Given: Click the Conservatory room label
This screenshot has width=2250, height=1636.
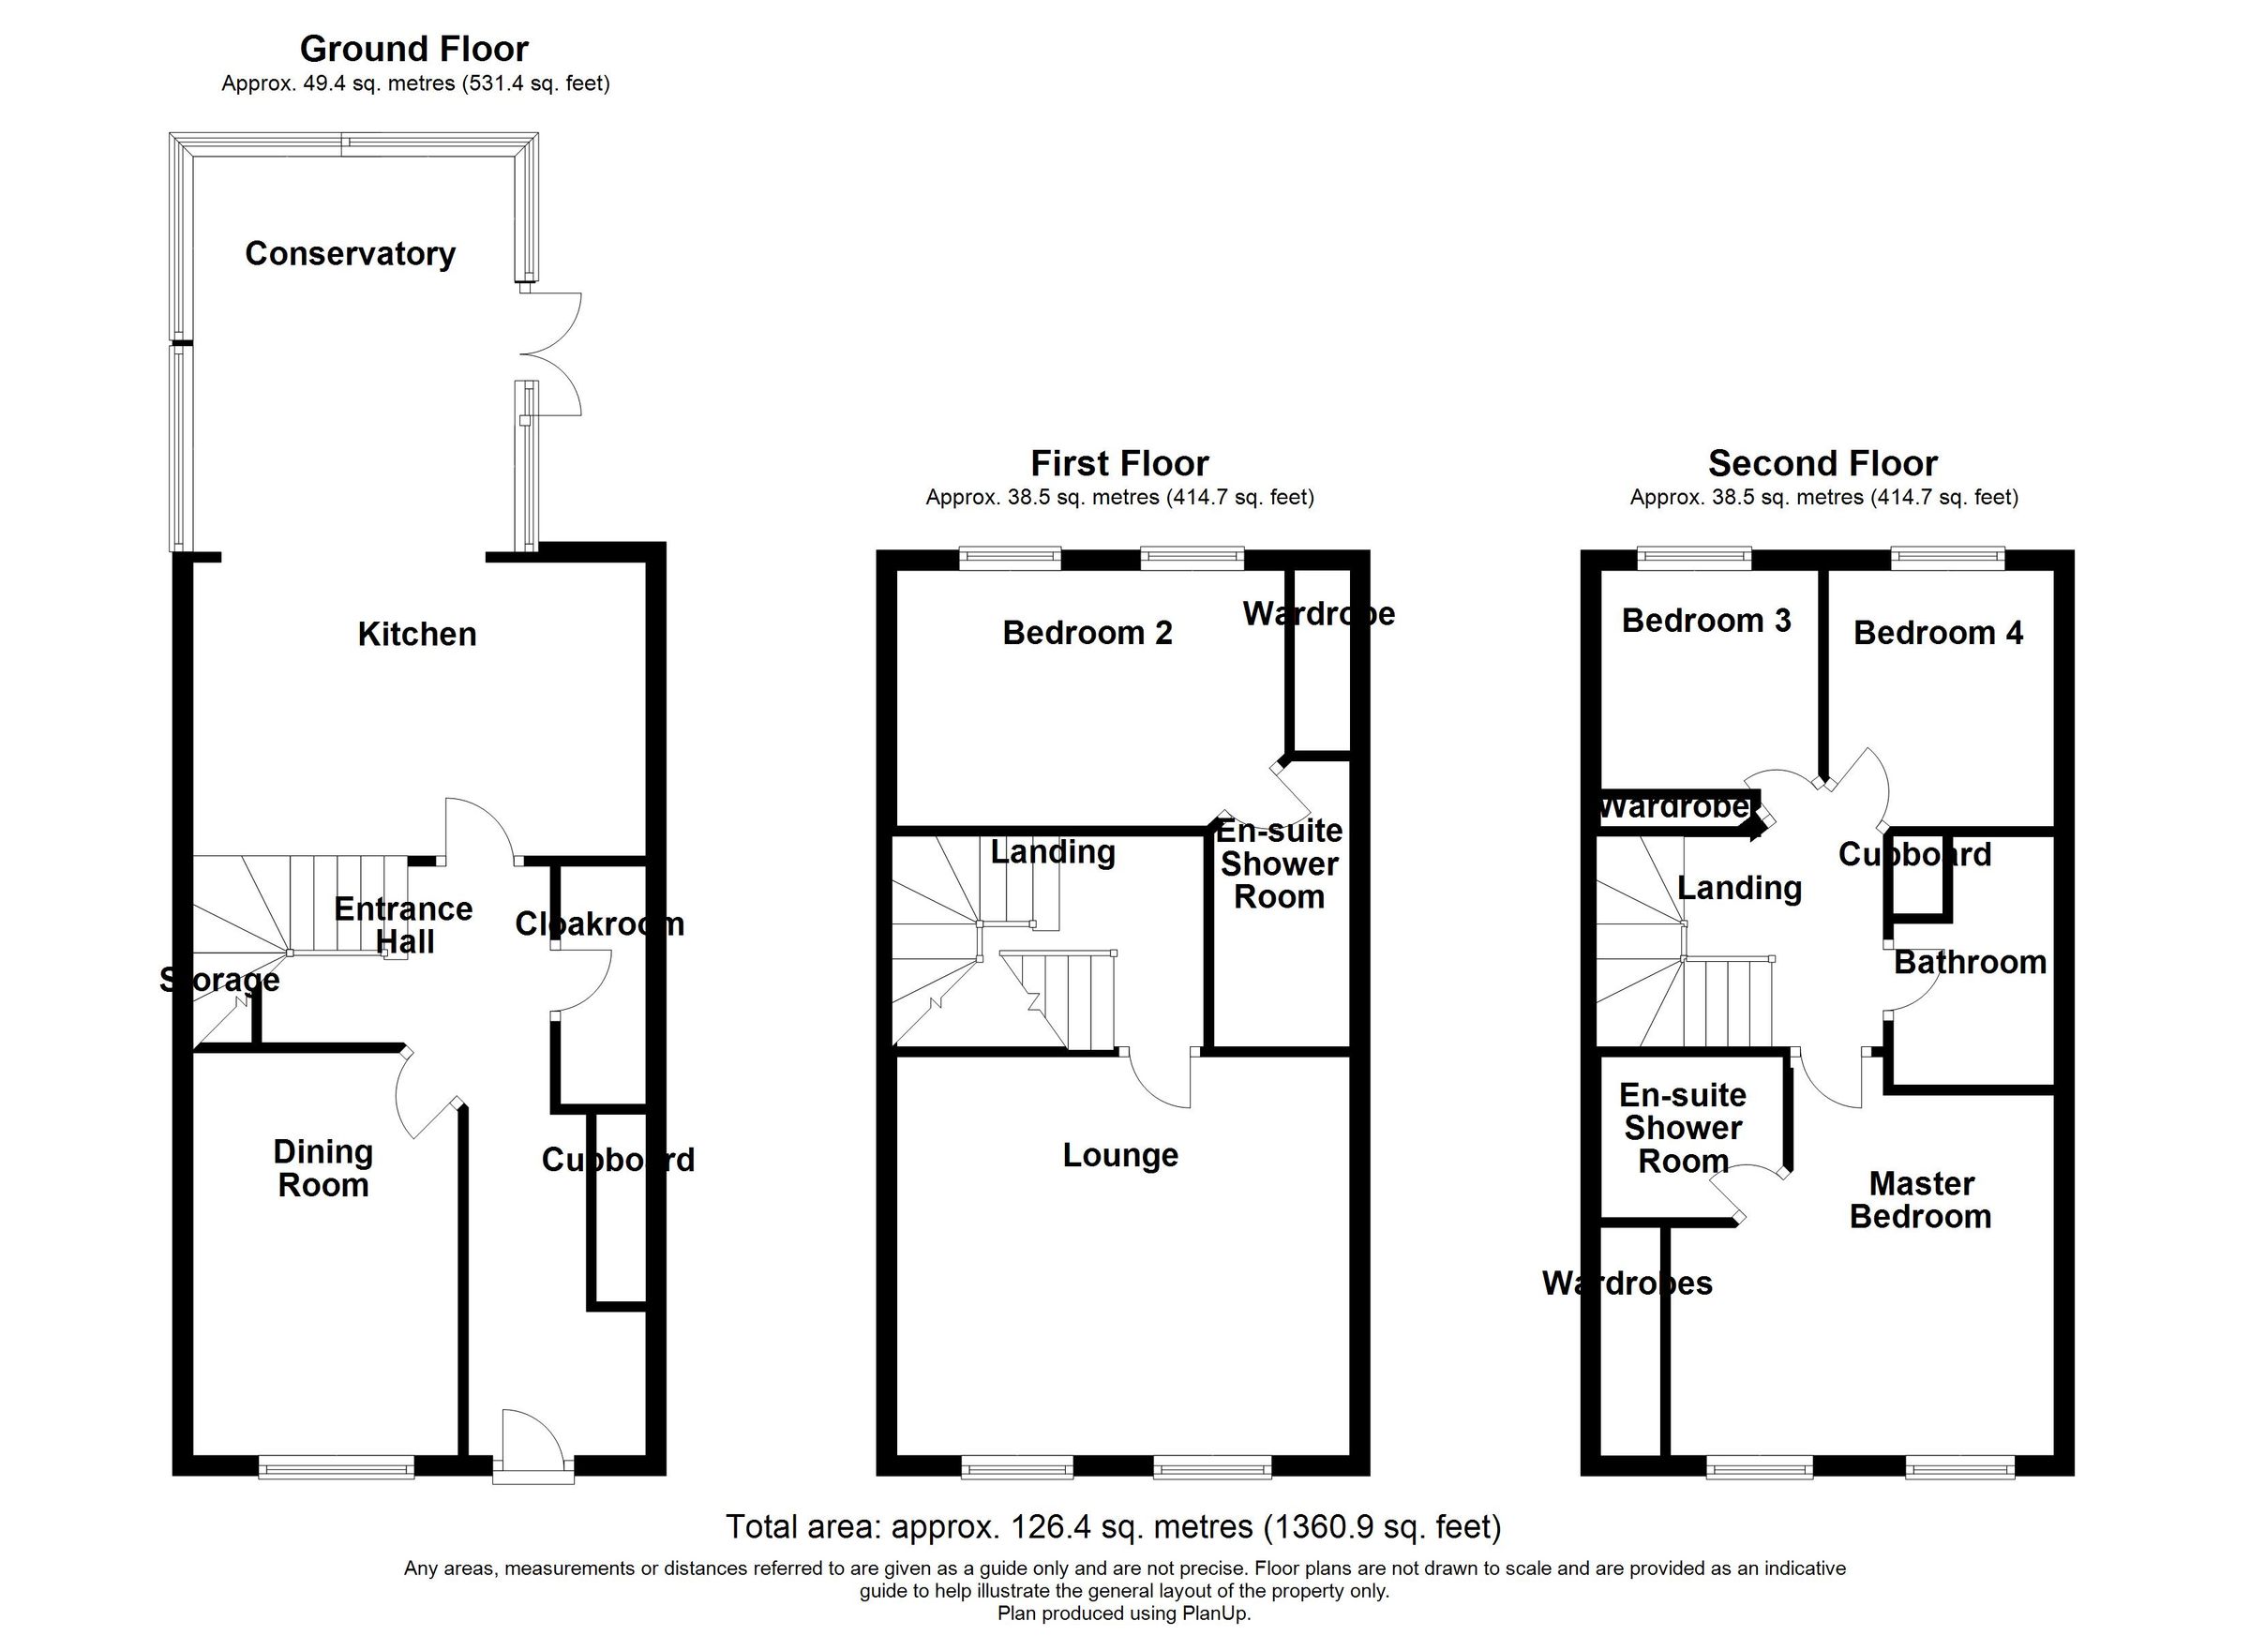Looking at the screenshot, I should [351, 254].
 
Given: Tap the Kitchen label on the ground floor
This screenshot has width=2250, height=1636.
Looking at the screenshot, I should [416, 634].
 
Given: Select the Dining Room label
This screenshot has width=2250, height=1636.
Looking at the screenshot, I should [323, 1169].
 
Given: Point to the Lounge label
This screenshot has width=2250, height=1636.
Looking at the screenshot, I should [1120, 1155].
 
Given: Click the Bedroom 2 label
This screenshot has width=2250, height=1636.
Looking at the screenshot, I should [1087, 633].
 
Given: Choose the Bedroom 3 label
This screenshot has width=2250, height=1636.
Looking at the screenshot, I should [1705, 621].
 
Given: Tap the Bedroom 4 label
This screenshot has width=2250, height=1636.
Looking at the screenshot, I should [1938, 633].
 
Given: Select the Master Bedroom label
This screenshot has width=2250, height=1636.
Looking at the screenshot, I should [1921, 1199].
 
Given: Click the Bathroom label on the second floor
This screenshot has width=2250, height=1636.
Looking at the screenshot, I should [1971, 962].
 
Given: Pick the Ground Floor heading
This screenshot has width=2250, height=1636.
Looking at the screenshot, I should [413, 49].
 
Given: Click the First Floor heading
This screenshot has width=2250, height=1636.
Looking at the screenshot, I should [1119, 463].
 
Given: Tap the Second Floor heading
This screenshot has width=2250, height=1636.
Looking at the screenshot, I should [1822, 463].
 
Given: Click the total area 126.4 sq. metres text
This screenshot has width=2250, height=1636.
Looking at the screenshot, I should [1113, 1526].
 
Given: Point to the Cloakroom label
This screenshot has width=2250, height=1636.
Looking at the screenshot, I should [599, 924].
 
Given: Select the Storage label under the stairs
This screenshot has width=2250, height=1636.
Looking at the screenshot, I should [219, 981].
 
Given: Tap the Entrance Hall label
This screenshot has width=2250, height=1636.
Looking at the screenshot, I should [403, 924].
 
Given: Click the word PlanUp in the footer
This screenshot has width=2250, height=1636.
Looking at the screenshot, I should [1214, 1613].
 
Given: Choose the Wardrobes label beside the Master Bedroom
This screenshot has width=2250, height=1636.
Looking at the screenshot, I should [1627, 1283].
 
